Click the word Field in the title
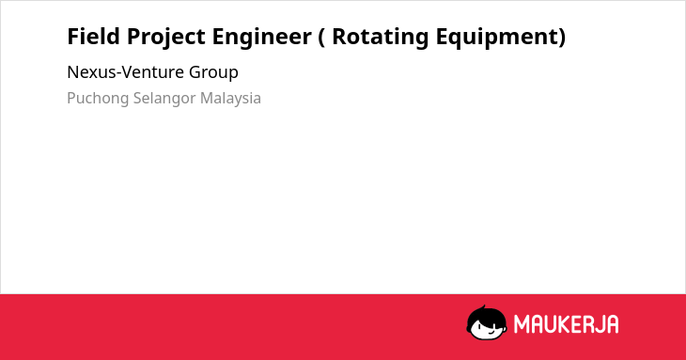pyautogui.click(x=94, y=36)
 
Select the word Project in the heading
pyautogui.click(x=165, y=38)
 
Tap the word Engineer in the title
pyautogui.click(x=261, y=38)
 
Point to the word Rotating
pyautogui.click(x=381, y=38)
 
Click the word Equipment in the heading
pyautogui.click(x=495, y=38)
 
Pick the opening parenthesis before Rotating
pyautogui.click(x=321, y=38)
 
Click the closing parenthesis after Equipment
pyautogui.click(x=562, y=38)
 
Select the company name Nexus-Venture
pyautogui.click(x=126, y=72)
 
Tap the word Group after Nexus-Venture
pyautogui.click(x=213, y=73)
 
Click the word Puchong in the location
pyautogui.click(x=98, y=99)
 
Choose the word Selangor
pyautogui.click(x=164, y=99)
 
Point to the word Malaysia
pyautogui.click(x=230, y=99)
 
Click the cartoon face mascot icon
pyautogui.click(x=487, y=322)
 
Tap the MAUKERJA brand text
pyautogui.click(x=566, y=324)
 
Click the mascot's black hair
pyautogui.click(x=486, y=313)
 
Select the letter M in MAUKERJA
pyautogui.click(x=521, y=324)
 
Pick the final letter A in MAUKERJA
pyautogui.click(x=613, y=324)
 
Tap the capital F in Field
pyautogui.click(x=73, y=36)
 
